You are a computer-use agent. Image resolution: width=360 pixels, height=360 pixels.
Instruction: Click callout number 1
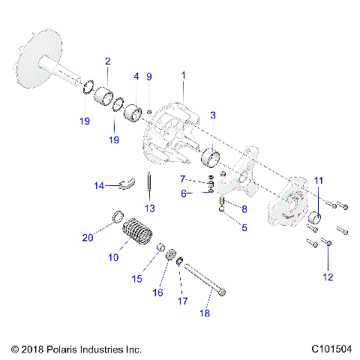click(x=184, y=76)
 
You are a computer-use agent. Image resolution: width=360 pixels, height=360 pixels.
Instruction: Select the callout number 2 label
click(x=108, y=61)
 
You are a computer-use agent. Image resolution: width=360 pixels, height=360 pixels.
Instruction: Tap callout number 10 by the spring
click(x=113, y=257)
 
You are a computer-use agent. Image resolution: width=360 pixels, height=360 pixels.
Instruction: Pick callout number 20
click(x=88, y=238)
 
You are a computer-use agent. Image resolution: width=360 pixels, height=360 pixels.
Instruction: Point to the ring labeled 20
click(x=118, y=218)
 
